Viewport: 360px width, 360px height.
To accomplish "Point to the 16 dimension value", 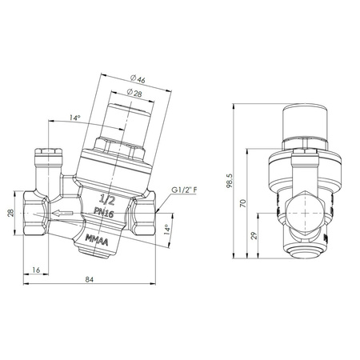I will pos(36,270).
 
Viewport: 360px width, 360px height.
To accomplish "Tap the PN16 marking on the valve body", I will pos(105,211).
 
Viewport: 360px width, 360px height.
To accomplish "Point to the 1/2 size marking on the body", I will pos(104,197).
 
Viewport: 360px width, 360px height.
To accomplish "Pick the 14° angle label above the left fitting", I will pos(74,118).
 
